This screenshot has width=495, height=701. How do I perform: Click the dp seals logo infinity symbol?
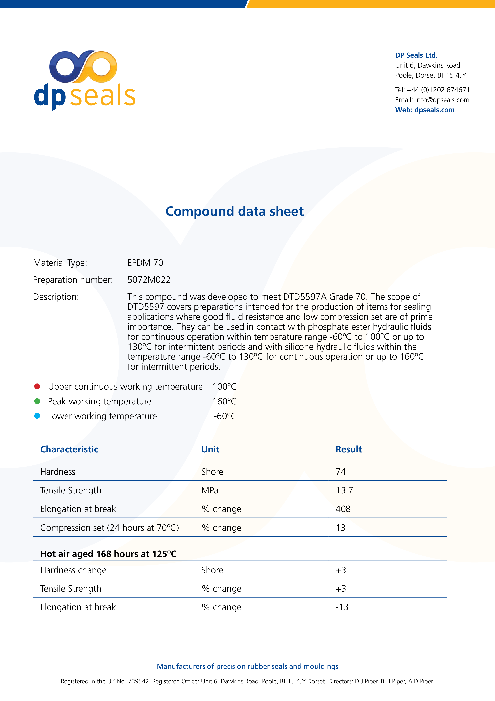pyautogui.click(x=83, y=67)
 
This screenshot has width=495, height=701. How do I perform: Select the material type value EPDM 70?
pyautogui.click(x=145, y=263)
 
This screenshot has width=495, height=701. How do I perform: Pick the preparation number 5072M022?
pyautogui.click(x=149, y=280)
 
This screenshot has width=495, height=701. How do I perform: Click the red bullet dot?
pyautogui.click(x=37, y=386)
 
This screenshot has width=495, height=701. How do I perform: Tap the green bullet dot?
pyautogui.click(x=37, y=401)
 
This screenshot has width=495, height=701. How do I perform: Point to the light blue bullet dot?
pyautogui.click(x=37, y=416)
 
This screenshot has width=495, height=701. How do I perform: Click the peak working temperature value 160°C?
pyautogui.click(x=224, y=401)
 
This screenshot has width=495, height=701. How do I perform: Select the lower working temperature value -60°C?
pyautogui.click(x=225, y=416)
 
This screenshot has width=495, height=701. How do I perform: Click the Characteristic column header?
pyautogui.click(x=69, y=449)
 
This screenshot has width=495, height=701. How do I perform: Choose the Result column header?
pyautogui.click(x=349, y=449)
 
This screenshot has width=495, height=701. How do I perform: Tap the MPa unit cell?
pyautogui.click(x=210, y=490)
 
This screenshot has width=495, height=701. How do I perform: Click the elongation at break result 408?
pyautogui.click(x=343, y=509)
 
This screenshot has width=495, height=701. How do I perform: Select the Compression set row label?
pyautogui.click(x=110, y=528)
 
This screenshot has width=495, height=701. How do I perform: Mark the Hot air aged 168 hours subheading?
pyautogui.click(x=108, y=554)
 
